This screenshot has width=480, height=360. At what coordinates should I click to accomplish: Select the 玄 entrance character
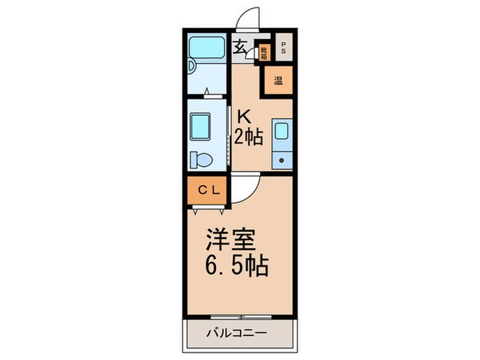pos(241,47)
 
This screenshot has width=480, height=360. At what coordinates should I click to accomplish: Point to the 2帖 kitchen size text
pos(248,137)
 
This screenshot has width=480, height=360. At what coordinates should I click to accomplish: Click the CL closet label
pos(208,190)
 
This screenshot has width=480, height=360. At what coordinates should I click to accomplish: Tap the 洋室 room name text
pos(231,241)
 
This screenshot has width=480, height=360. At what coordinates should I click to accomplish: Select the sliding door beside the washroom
pos(228,130)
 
